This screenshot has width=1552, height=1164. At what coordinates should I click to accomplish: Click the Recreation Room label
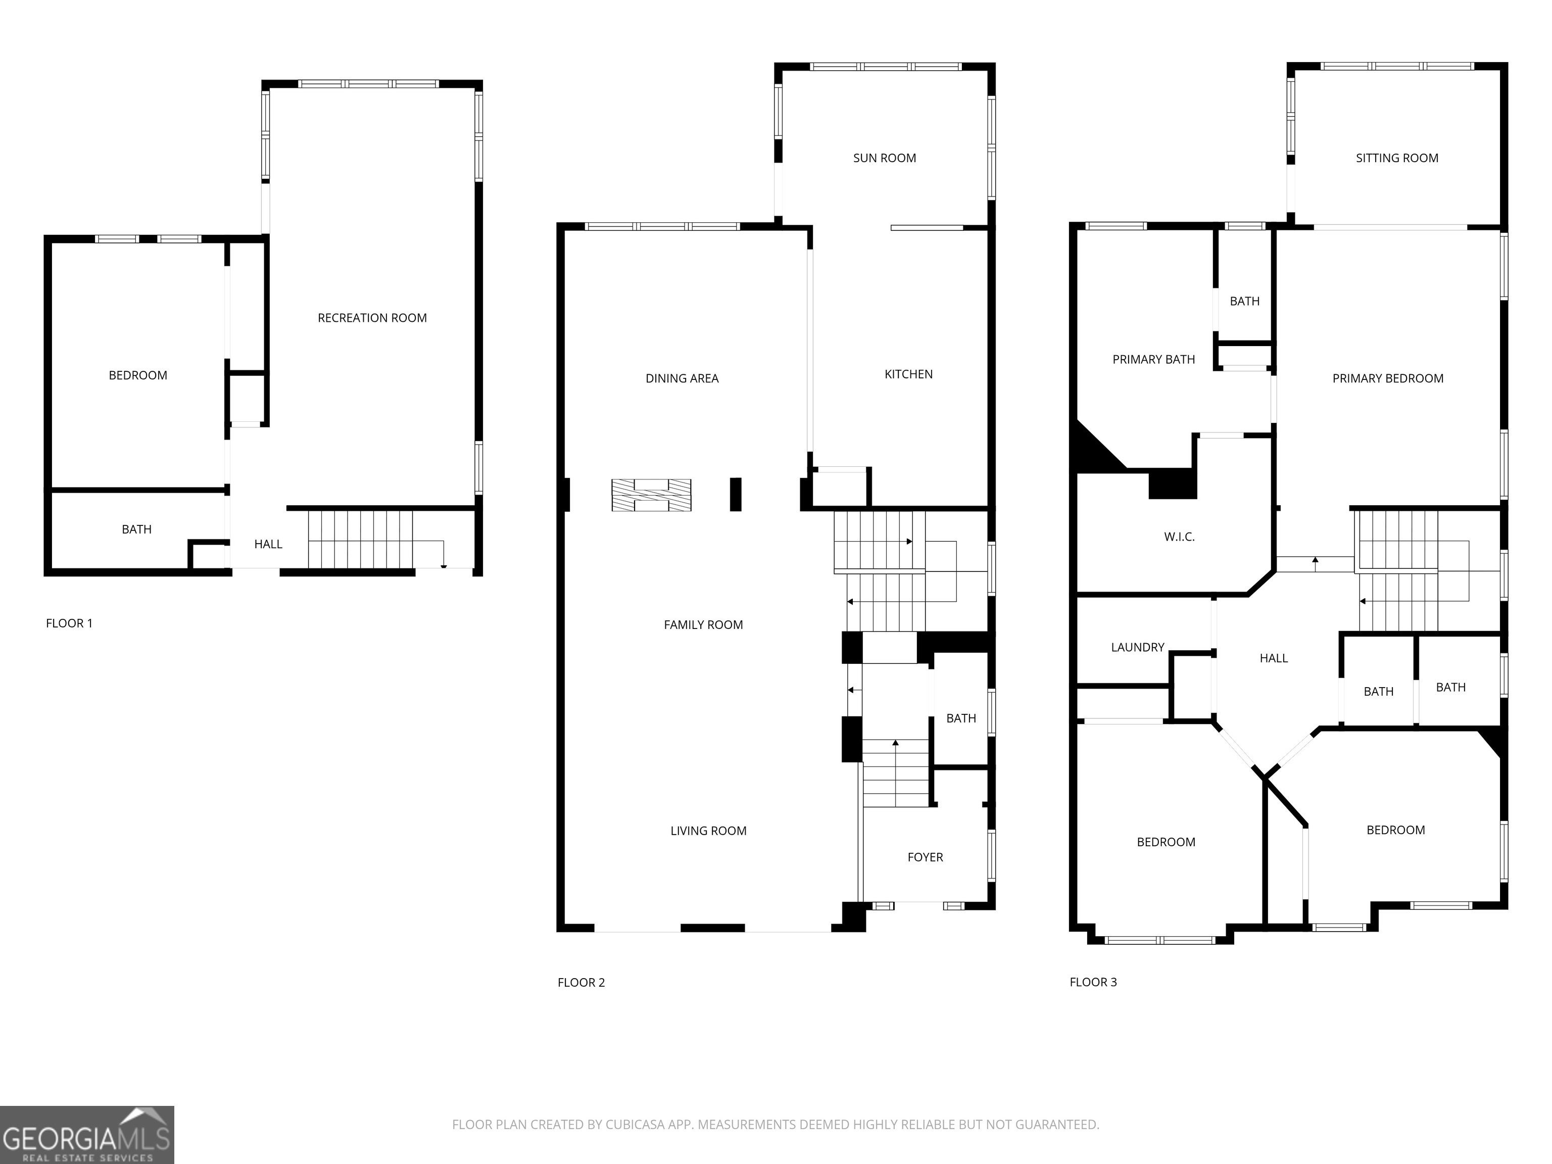[x=372, y=318]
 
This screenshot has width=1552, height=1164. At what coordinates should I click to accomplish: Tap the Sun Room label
[x=884, y=158]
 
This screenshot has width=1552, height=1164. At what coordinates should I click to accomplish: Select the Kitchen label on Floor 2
[x=908, y=374]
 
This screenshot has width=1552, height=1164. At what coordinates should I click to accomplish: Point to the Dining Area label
[x=682, y=378]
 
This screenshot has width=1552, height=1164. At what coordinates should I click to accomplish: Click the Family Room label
[x=703, y=624]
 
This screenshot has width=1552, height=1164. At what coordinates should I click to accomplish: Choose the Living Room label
[x=708, y=831]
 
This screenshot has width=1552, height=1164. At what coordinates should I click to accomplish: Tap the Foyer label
[x=925, y=857]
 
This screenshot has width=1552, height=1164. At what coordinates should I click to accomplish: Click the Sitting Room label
[x=1397, y=158]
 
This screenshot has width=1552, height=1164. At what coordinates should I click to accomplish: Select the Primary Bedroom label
[x=1388, y=378]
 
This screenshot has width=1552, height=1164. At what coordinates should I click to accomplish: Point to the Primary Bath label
[x=1153, y=359]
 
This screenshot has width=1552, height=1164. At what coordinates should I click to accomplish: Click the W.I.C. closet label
[x=1179, y=537]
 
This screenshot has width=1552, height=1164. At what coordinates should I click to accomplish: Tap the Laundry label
[x=1137, y=647]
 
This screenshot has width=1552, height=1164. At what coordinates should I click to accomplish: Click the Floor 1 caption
[x=69, y=623]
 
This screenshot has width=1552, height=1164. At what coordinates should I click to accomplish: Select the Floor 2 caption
[x=581, y=982]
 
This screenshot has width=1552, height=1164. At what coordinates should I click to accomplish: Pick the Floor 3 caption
[x=1093, y=982]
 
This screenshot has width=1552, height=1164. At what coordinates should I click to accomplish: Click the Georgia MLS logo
[x=87, y=1135]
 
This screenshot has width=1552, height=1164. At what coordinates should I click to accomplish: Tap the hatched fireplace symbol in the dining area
[x=651, y=495]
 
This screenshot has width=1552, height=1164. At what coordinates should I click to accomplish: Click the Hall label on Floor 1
[x=268, y=544]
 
